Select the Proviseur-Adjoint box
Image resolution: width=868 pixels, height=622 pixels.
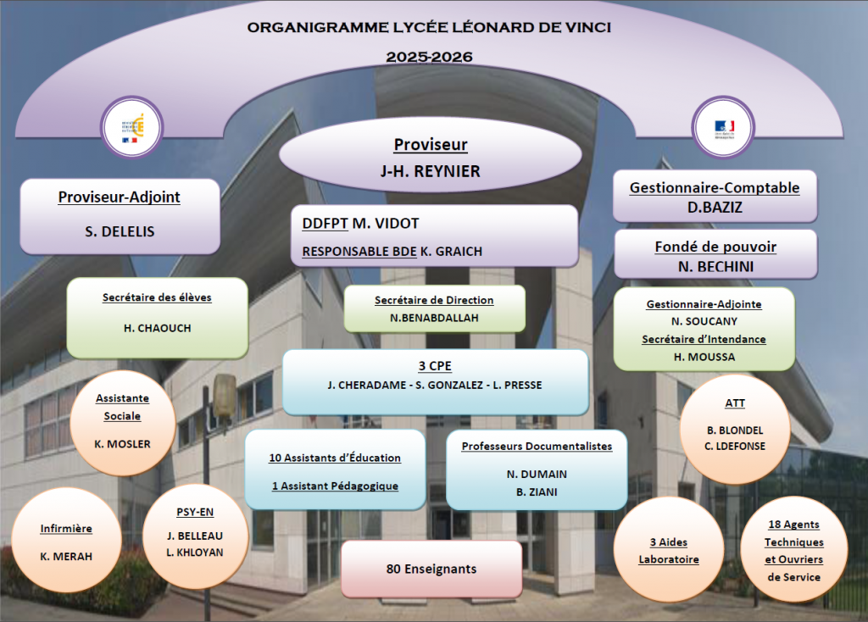coord(120,215)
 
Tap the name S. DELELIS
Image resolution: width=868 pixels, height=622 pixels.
coord(120,230)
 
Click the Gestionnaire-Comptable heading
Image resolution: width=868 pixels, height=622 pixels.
coord(714,187)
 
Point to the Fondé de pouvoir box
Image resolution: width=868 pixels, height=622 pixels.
coord(715,254)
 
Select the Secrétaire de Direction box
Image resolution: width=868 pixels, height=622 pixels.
coord(434,309)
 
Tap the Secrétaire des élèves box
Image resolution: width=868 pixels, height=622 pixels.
coord(157,317)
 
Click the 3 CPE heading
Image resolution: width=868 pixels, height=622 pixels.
coord(434,367)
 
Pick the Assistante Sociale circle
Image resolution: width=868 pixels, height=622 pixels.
coord(123,421)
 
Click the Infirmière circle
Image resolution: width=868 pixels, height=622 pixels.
coord(66,541)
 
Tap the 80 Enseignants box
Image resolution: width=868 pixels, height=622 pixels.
coord(431,569)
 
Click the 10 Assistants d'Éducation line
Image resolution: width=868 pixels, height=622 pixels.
coord(335,458)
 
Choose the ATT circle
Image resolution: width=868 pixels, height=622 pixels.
coord(735,430)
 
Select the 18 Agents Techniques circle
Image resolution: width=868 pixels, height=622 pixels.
coord(793,551)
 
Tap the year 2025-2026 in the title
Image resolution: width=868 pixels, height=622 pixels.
coord(429,58)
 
